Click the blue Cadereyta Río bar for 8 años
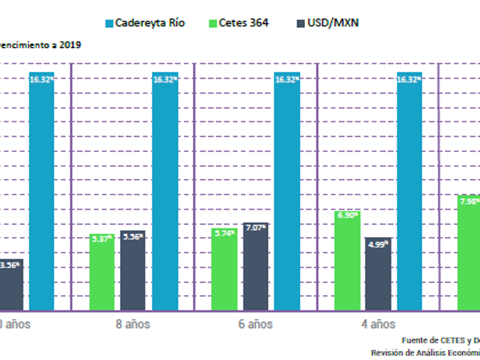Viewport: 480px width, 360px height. click(x=165, y=191)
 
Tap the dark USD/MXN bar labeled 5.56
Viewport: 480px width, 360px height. click(x=133, y=270)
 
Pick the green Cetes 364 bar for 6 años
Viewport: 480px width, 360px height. click(x=225, y=269)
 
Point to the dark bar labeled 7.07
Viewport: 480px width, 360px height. click(x=255, y=266)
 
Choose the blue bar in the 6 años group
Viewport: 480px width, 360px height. click(x=287, y=191)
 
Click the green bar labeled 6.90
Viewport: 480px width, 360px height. click(x=347, y=261)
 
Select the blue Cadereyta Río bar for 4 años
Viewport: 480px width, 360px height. click(x=409, y=191)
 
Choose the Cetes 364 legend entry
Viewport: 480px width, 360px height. click(x=241, y=23)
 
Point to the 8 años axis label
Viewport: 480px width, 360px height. click(x=133, y=324)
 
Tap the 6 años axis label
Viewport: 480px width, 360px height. click(x=255, y=324)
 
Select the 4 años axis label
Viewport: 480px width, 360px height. click(x=378, y=324)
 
